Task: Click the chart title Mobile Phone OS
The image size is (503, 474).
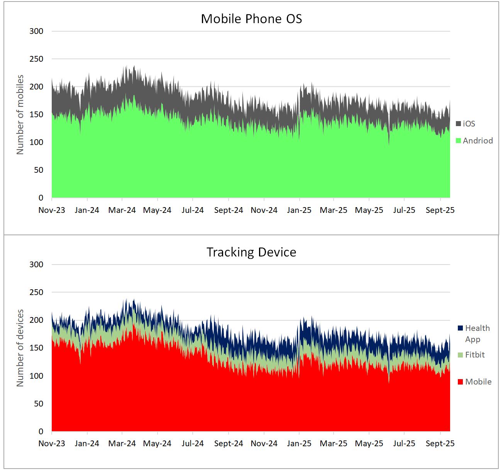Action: (x=251, y=19)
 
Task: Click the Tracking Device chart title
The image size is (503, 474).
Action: (x=251, y=252)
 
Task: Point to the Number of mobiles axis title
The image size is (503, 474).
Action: (x=20, y=115)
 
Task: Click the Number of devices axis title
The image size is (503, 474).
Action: (x=20, y=348)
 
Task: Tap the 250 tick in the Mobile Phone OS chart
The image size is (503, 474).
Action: (x=36, y=59)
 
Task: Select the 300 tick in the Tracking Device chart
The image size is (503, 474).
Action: (x=36, y=265)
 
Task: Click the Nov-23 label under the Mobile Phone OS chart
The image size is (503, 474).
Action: (x=52, y=210)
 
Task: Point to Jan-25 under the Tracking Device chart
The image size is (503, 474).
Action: (x=299, y=444)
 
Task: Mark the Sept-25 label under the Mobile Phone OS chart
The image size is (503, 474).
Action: (x=440, y=210)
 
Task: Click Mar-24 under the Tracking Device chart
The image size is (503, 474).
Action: (x=122, y=444)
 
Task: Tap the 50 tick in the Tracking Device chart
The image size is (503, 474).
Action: (x=39, y=404)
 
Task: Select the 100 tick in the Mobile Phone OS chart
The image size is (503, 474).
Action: (x=36, y=142)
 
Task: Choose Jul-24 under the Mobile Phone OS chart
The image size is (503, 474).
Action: (x=193, y=210)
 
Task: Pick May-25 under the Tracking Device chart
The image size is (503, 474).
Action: (x=369, y=444)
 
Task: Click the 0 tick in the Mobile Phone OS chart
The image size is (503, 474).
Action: (x=41, y=198)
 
